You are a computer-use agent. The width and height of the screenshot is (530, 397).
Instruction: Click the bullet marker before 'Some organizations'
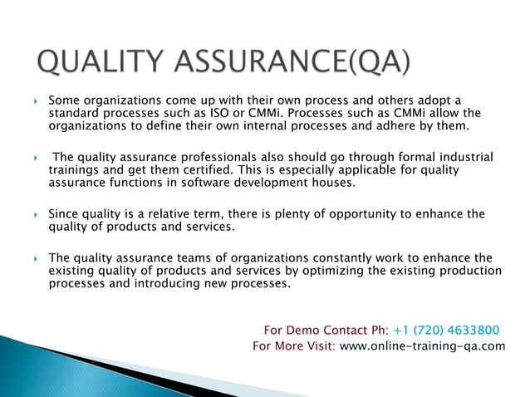35,100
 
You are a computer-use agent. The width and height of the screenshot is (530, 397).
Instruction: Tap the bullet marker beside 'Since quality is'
35,214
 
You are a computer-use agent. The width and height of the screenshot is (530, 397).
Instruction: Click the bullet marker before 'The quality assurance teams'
35,258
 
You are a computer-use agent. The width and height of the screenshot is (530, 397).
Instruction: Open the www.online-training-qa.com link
422,346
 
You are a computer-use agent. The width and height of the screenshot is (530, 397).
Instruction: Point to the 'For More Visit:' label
294,346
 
